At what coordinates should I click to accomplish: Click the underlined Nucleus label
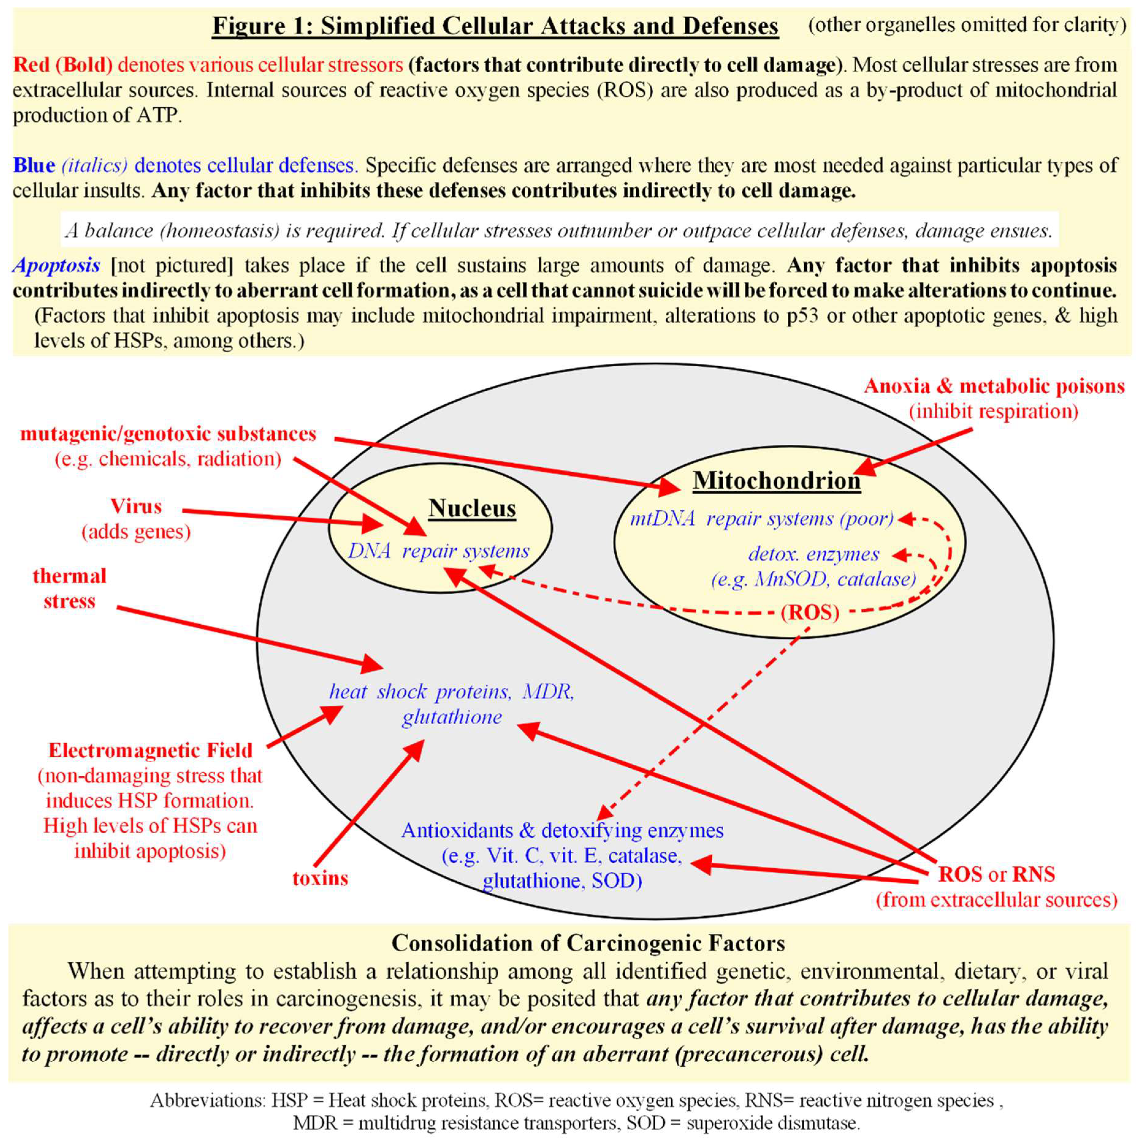coord(472,508)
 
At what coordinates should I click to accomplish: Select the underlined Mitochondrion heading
coord(777,481)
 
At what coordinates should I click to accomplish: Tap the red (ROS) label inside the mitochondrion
coord(810,612)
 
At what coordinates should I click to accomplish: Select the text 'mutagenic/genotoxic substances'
coord(168,434)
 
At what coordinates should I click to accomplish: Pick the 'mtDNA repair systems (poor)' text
coord(762,519)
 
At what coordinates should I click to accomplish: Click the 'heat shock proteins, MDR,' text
coord(452,692)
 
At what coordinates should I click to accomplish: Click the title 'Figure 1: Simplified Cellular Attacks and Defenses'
coord(495,27)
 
